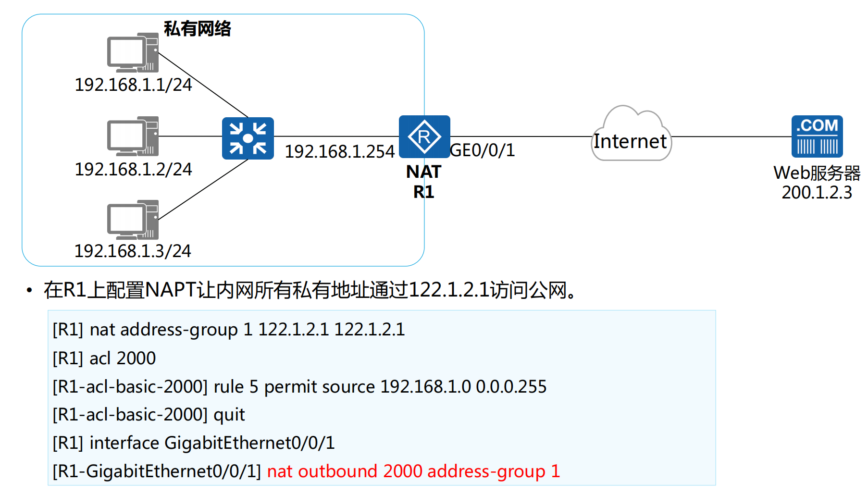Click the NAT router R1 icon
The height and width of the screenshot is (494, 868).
[x=424, y=137]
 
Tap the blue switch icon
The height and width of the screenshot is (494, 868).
[x=248, y=138]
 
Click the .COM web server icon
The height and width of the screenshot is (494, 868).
[x=817, y=136]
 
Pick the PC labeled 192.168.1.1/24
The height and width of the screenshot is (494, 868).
[x=133, y=53]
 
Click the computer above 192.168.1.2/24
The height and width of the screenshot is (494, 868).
[x=133, y=136]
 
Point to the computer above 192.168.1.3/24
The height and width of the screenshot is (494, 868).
[x=133, y=220]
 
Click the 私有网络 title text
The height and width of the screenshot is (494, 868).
[x=197, y=29]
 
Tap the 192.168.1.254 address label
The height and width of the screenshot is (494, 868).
[x=339, y=152]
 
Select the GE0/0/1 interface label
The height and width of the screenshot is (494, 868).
[x=482, y=150]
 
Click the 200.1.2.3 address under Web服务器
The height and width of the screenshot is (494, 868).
[x=817, y=193]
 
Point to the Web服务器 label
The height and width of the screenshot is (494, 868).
[x=817, y=173]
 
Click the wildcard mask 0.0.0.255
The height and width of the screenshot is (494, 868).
[x=511, y=387]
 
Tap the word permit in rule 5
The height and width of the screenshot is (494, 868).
[x=290, y=387]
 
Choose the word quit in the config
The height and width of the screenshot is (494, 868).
[x=229, y=415]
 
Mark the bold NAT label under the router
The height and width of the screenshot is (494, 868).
[x=423, y=172]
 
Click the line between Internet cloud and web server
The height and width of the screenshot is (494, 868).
[x=731, y=136]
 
